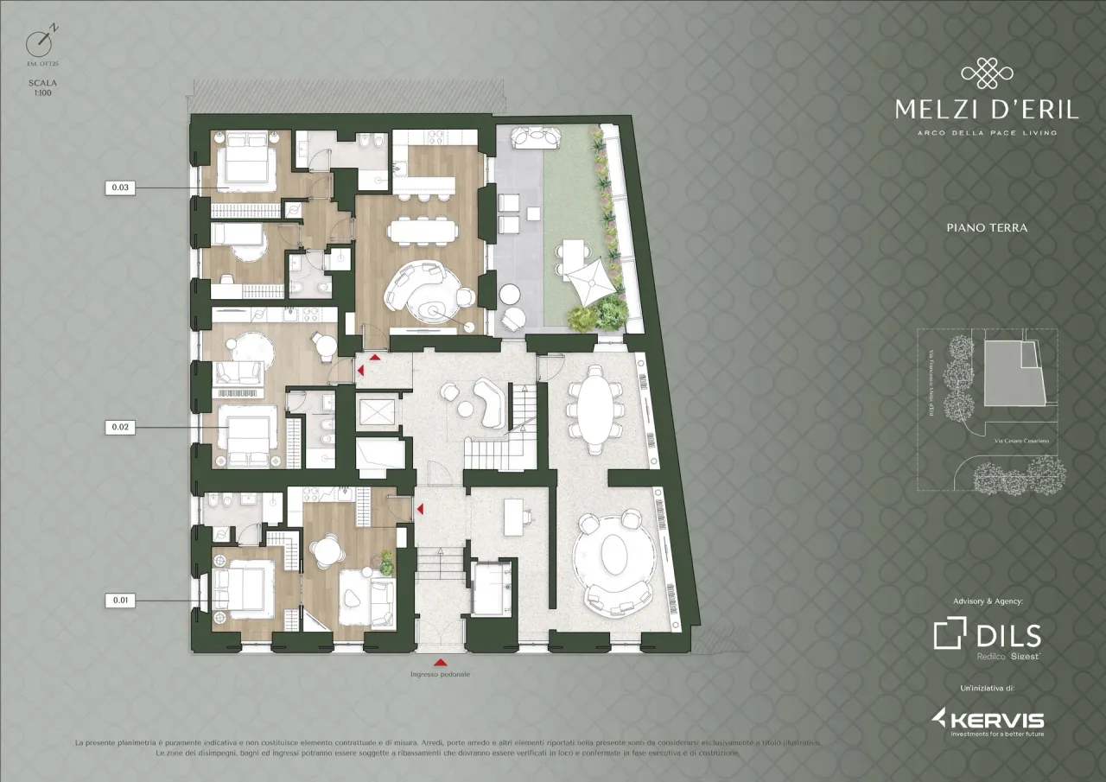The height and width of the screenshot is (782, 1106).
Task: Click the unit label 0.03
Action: tap(120, 187)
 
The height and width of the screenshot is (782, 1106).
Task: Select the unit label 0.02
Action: tap(120, 427)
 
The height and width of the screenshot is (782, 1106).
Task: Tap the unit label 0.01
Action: tap(120, 600)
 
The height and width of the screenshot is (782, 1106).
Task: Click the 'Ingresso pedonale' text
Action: tap(441, 674)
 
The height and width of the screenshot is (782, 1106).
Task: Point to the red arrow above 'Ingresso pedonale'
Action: tap(441, 663)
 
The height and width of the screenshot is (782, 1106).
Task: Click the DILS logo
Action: tap(987, 638)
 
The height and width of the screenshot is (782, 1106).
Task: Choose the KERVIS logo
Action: tap(987, 720)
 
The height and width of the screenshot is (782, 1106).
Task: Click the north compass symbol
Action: tap(42, 40)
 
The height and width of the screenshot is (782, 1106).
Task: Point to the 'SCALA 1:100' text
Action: tap(42, 87)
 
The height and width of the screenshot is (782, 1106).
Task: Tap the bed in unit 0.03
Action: tap(245, 163)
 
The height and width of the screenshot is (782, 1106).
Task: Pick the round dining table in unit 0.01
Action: tap(327, 550)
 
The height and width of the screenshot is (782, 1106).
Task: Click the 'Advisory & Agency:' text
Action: tap(987, 600)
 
